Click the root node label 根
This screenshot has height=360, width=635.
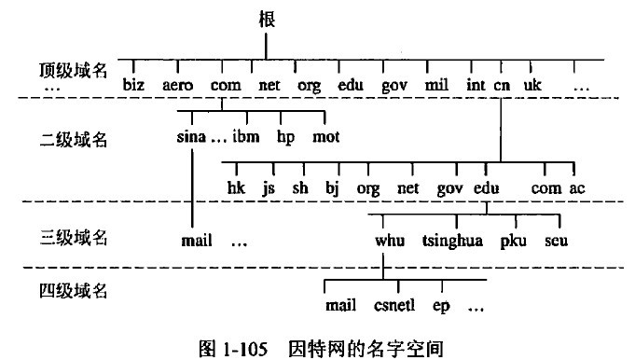(x=264, y=18)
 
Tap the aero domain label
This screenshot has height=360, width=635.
(x=177, y=85)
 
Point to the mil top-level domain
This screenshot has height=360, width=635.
(x=435, y=85)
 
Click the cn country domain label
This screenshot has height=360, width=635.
(x=502, y=85)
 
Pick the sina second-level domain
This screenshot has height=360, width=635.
(x=190, y=137)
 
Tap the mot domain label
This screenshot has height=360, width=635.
(x=325, y=137)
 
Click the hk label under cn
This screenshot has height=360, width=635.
(x=235, y=187)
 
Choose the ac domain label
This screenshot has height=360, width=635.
(x=577, y=187)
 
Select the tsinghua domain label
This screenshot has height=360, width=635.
(x=452, y=241)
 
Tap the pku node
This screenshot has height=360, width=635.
(x=513, y=241)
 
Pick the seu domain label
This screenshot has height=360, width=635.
(x=557, y=241)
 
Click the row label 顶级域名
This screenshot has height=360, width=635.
(x=74, y=70)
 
